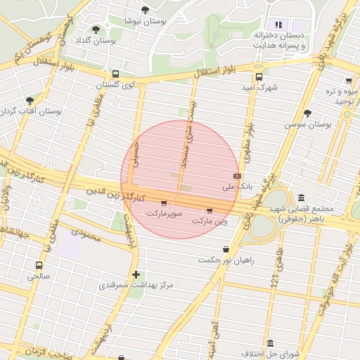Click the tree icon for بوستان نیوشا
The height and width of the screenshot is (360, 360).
pyautogui.click(x=145, y=10)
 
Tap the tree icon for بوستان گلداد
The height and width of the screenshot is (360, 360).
pyautogui.click(x=96, y=30)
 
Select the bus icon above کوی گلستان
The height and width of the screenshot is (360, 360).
pyautogui.click(x=115, y=74)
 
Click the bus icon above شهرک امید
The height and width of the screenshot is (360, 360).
pyautogui.click(x=259, y=77)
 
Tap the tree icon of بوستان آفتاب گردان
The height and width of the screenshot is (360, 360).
pyautogui.click(x=29, y=101)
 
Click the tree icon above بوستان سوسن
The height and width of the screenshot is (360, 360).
pyautogui.click(x=307, y=112)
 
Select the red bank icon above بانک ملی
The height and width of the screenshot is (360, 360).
pyautogui.click(x=237, y=176)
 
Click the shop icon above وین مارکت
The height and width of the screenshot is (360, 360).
pyautogui.click(x=210, y=210)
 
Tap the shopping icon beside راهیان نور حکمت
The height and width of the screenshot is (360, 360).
pyautogui.click(x=225, y=249)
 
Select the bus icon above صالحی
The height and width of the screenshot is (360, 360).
pyautogui.click(x=38, y=266)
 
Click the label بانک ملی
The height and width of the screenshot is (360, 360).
pyautogui.click(x=236, y=187)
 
